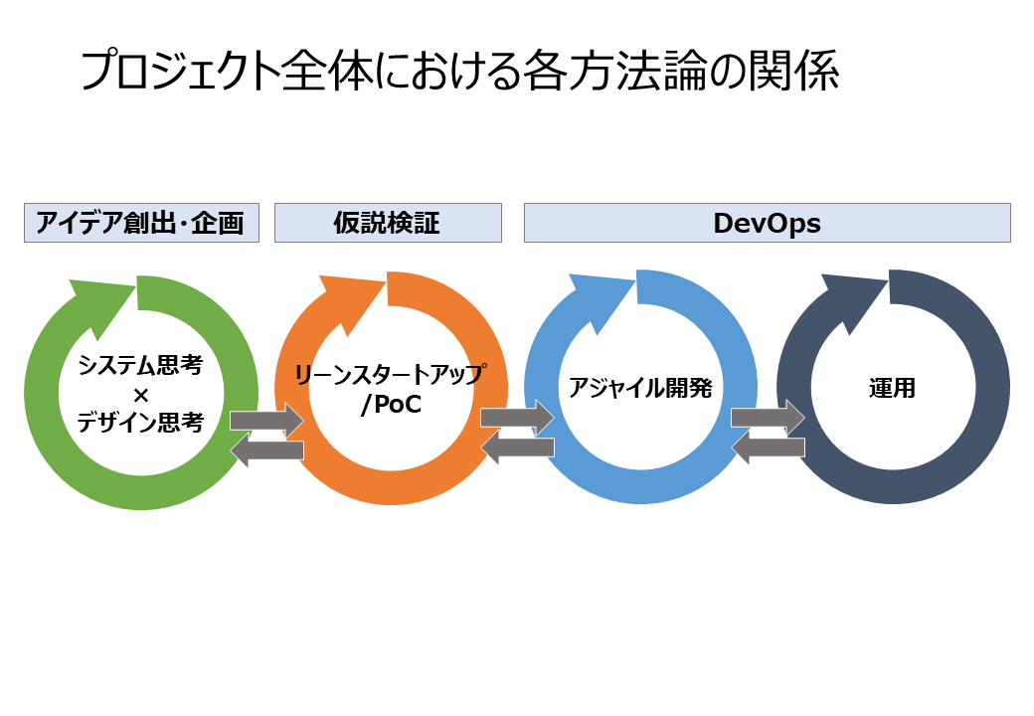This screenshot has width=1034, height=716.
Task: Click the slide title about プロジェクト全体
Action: (x=459, y=71)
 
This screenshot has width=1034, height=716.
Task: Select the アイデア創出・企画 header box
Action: (x=141, y=223)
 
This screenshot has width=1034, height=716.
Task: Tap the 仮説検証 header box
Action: (x=388, y=223)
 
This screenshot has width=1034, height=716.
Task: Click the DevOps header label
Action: (x=767, y=223)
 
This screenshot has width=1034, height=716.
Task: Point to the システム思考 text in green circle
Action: (x=140, y=365)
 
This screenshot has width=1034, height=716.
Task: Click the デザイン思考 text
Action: (x=140, y=422)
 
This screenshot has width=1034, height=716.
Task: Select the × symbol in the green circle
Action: (x=140, y=395)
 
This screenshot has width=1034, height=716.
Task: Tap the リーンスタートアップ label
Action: (x=391, y=375)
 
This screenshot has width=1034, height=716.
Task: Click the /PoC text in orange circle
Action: (x=391, y=404)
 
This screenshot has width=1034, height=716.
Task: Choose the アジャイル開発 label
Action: (x=640, y=388)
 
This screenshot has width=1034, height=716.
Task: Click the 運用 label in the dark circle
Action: (x=892, y=388)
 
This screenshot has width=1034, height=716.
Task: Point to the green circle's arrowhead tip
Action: (x=136, y=285)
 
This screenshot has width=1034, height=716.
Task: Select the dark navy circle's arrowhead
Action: (x=854, y=300)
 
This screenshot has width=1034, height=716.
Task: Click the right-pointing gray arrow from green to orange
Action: (x=266, y=421)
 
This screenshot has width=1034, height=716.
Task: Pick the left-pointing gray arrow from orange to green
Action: (x=266, y=450)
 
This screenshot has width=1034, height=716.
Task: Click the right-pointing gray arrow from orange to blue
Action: (x=518, y=418)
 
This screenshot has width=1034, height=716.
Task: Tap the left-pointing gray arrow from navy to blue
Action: (x=769, y=447)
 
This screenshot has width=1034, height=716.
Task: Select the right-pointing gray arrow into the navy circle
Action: (x=769, y=418)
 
